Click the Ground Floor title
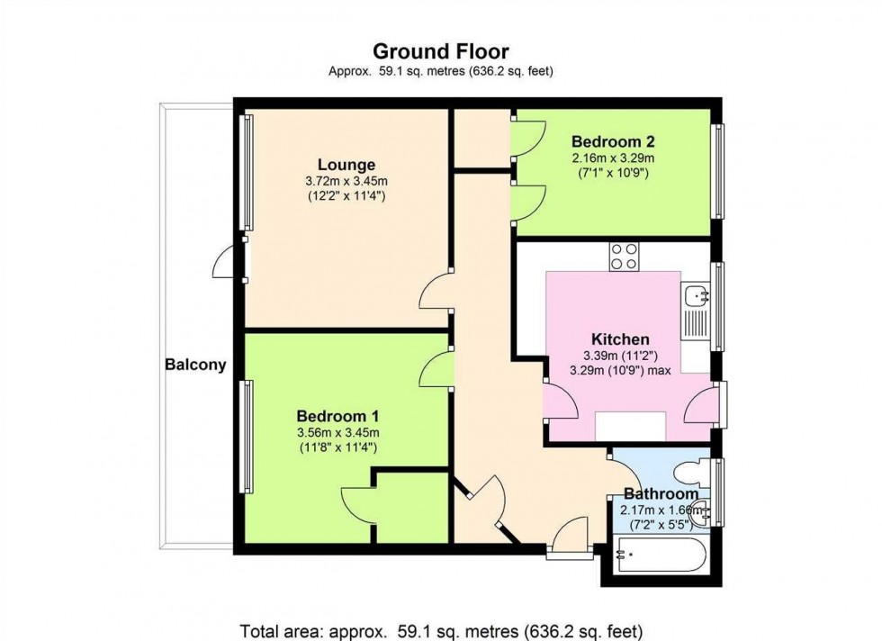pyautogui.click(x=440, y=51)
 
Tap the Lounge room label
pyautogui.click(x=346, y=165)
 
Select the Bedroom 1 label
pyautogui.click(x=337, y=416)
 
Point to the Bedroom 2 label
pyautogui.click(x=613, y=141)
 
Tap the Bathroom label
pyautogui.click(x=661, y=493)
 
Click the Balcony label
pyautogui.click(x=194, y=366)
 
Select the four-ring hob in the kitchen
pyautogui.click(x=625, y=256)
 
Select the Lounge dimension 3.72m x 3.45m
pyautogui.click(x=346, y=181)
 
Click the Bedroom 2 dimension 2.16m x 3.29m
pyautogui.click(x=613, y=158)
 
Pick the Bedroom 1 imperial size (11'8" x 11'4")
pyautogui.click(x=337, y=447)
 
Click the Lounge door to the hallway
pyautogui.click(x=436, y=293)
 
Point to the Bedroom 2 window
pyautogui.click(x=718, y=171)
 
